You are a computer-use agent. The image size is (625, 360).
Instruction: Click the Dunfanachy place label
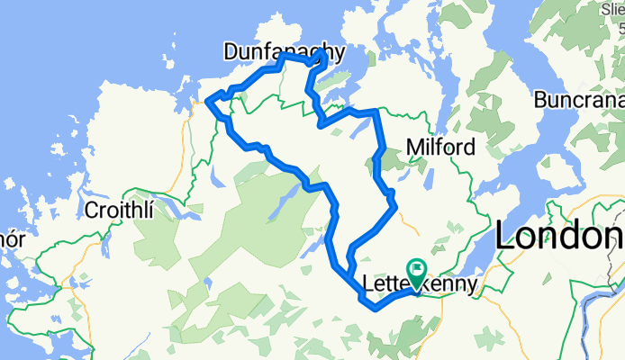(284, 53)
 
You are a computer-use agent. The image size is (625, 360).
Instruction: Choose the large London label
(559, 237)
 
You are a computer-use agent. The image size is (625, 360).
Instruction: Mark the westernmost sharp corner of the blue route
(209, 101)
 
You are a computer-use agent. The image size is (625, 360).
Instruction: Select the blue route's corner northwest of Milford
(373, 112)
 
